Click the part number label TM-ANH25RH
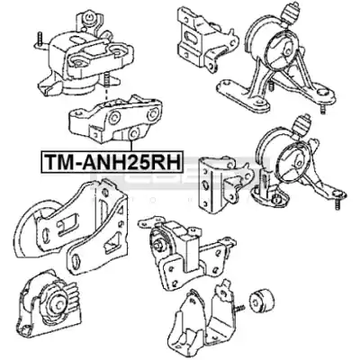coord(112,162)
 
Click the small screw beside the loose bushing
coord(238,308)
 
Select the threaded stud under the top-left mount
coord(105,80)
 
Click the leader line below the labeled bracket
coord(131,146)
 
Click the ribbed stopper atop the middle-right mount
coord(301,125)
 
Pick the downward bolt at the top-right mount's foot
coord(322,109)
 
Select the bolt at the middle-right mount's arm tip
coord(337,202)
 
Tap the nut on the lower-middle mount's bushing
coord(158,246)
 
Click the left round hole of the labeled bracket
coord(114,118)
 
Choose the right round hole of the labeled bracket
coord(153,113)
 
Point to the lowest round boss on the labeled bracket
coord(133,133)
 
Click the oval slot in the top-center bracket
coord(190,39)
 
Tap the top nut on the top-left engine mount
coord(88,18)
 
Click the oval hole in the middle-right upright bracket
coord(205,185)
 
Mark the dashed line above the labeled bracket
coord(105,93)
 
